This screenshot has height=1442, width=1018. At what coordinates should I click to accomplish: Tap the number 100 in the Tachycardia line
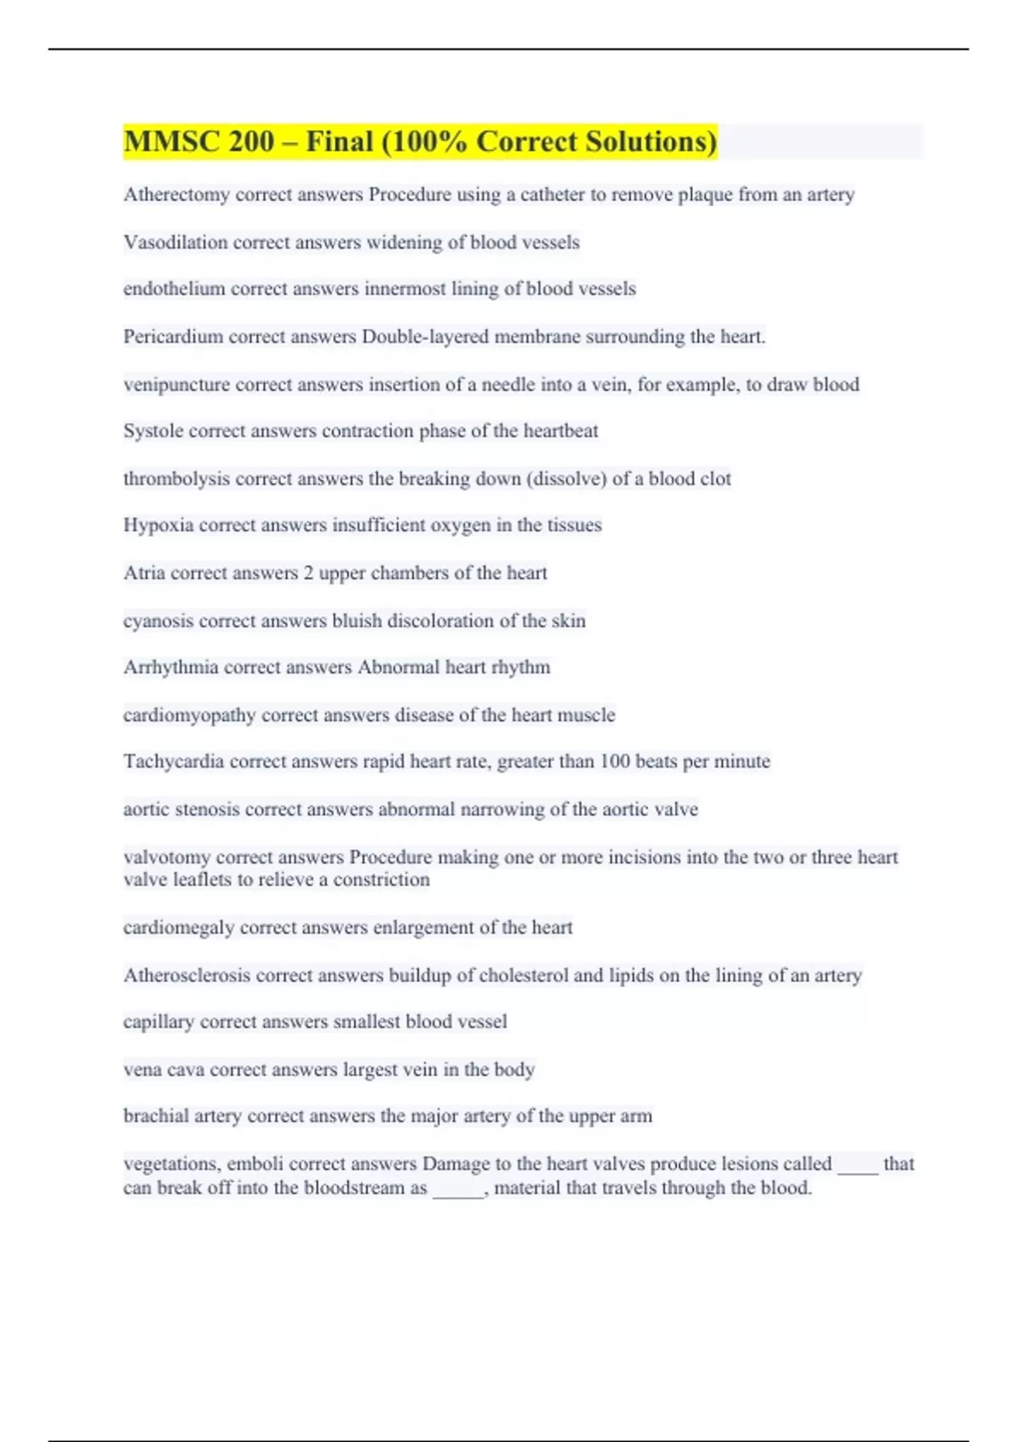tap(615, 762)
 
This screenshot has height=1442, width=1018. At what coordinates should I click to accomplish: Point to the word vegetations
tap(171, 1164)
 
